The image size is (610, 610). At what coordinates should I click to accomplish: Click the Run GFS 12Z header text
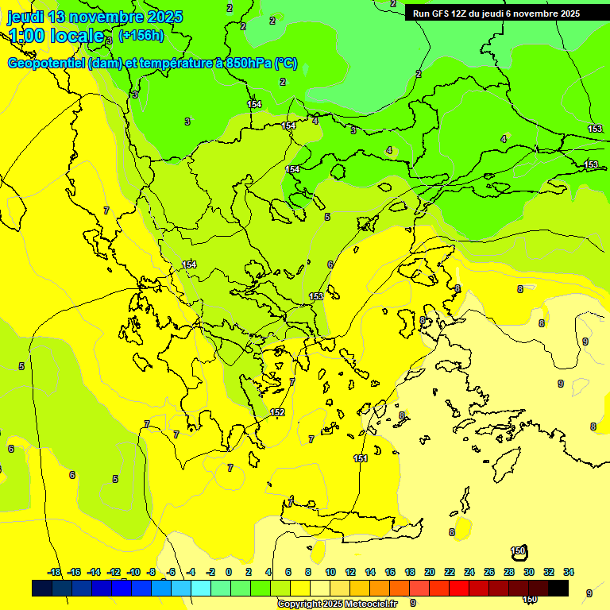pos(496,14)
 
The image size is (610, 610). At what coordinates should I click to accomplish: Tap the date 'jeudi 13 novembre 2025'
pos(95,17)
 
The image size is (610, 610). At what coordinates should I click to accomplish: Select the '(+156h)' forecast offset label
pos(141,36)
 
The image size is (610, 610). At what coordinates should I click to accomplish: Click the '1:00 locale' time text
pos(56,36)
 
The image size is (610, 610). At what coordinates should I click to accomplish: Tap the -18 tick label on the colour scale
pos(54,572)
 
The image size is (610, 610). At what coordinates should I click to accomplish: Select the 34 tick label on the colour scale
pos(569,572)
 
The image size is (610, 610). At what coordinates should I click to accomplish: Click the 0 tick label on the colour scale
pos(229,572)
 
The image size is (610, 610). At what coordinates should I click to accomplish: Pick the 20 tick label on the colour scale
pos(430,572)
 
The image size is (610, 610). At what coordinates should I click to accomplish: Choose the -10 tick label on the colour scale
pos(133,572)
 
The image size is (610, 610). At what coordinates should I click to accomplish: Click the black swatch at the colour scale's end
pos(558,588)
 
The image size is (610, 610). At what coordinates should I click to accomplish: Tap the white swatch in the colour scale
pos(320,588)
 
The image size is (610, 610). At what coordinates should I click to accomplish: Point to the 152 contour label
pos(277,412)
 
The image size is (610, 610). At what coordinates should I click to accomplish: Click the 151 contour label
pos(361,458)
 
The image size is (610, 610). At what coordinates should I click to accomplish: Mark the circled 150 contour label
pos(519,551)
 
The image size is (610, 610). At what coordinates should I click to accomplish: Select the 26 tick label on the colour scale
pos(489,572)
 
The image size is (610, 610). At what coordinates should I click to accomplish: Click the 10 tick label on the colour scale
pos(330,572)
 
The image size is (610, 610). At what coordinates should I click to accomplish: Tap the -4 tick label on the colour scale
pos(191,572)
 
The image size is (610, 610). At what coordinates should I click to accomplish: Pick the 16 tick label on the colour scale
pos(390,572)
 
